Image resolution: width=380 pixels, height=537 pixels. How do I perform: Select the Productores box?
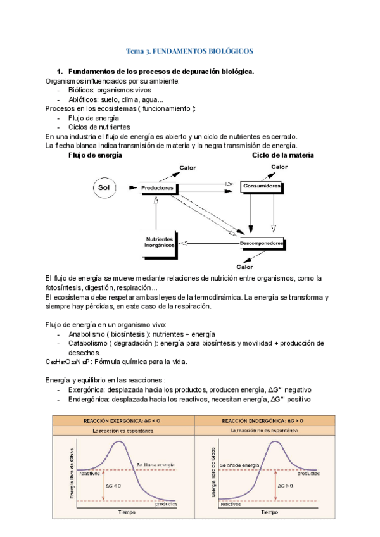pyautogui.click(x=158, y=188)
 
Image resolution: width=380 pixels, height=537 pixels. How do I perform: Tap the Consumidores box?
pyautogui.click(x=261, y=187)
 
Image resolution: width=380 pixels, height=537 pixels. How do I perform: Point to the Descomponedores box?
pyautogui.click(x=261, y=243)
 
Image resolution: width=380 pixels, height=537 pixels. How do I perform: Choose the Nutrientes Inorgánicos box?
pyautogui.click(x=160, y=243)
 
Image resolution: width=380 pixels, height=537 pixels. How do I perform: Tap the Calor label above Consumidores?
pyautogui.click(x=279, y=167)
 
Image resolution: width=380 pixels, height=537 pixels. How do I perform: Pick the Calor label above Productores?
pyautogui.click(x=187, y=168)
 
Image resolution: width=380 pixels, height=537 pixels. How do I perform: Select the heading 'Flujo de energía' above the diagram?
pyautogui.click(x=95, y=155)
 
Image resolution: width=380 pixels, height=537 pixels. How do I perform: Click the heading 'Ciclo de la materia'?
pyautogui.click(x=282, y=155)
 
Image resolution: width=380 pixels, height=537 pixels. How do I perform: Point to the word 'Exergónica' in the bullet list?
pyautogui.click(x=89, y=390)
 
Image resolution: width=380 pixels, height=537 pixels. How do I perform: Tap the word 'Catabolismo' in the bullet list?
pyautogui.click(x=89, y=343)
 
